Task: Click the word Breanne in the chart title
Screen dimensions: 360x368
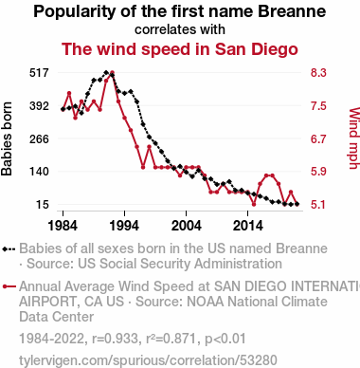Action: click(x=292, y=11)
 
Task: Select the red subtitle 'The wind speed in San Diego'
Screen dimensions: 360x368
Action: click(x=180, y=49)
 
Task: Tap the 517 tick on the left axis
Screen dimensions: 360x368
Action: click(x=39, y=73)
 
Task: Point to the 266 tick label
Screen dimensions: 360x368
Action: click(x=39, y=138)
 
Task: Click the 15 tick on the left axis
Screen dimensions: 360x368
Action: click(x=43, y=205)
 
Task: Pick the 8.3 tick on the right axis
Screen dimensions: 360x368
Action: click(x=318, y=73)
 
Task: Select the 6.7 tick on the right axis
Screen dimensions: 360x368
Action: click(x=318, y=138)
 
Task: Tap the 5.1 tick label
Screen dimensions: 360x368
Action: click(x=318, y=205)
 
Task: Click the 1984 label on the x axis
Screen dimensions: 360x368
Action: click(x=63, y=226)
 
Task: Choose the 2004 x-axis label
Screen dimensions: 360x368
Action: click(x=186, y=226)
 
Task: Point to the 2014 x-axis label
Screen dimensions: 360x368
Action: click(x=248, y=226)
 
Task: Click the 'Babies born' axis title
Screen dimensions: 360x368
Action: click(x=7, y=138)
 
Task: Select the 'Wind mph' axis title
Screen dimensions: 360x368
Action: click(x=354, y=138)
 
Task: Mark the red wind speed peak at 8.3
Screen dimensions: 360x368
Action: click(x=112, y=73)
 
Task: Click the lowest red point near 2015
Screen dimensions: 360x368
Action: click(x=254, y=204)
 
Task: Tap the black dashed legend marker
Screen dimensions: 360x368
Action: click(x=9, y=249)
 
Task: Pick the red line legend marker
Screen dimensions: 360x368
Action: click(x=9, y=286)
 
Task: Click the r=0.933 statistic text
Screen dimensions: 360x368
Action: click(x=115, y=339)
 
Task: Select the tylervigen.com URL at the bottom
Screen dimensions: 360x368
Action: click(x=148, y=360)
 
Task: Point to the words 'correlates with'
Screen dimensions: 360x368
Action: click(x=180, y=29)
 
